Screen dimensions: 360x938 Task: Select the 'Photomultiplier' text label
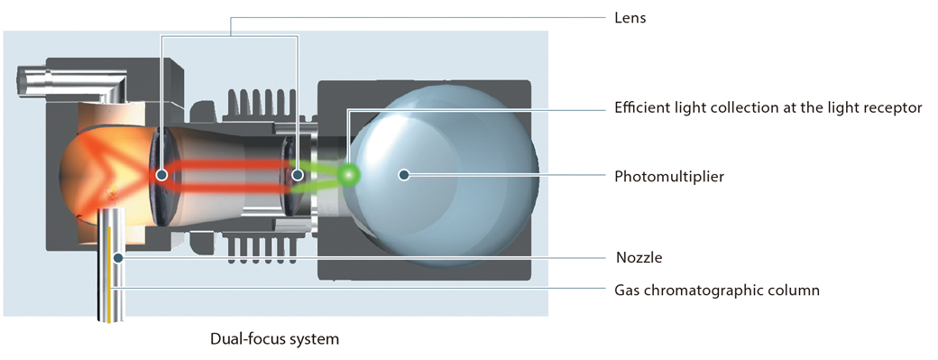coord(668,177)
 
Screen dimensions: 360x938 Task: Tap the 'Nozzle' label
coord(639,258)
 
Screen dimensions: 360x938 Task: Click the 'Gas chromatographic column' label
coord(716,291)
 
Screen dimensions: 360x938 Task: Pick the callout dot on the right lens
coord(298,175)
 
